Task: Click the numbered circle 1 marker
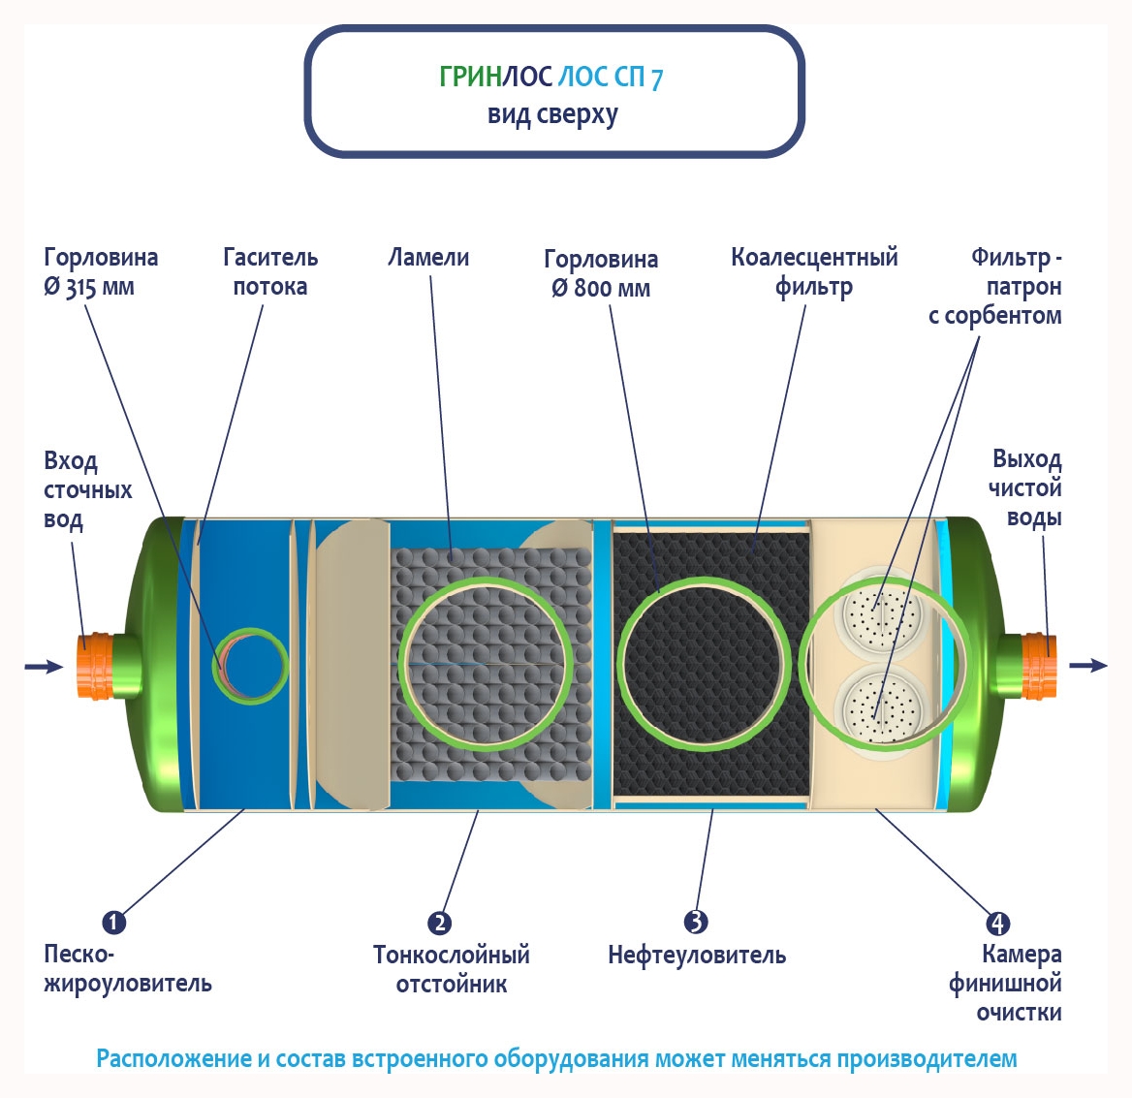(113, 922)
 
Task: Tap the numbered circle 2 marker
(439, 923)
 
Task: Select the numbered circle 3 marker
(695, 922)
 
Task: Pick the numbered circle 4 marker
(997, 923)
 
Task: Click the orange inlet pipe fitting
(95, 667)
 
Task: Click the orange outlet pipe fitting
(1039, 666)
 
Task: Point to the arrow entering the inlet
(43, 667)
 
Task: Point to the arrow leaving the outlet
(1087, 665)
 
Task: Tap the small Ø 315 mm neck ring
(251, 665)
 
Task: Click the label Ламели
(428, 258)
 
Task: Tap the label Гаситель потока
(269, 271)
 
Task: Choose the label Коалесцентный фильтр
(814, 271)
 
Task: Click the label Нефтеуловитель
(696, 956)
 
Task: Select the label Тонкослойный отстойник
(452, 969)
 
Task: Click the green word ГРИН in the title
(469, 78)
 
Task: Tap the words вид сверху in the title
(552, 115)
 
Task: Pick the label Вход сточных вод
(87, 490)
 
